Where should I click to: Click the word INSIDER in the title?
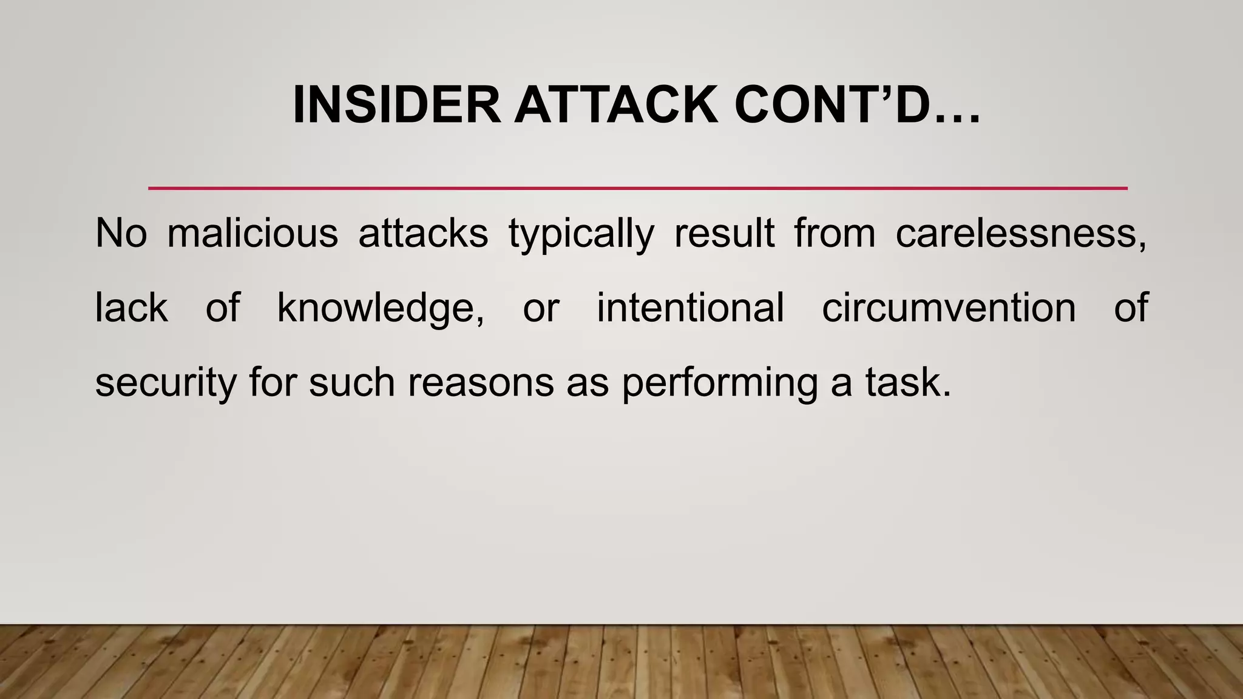(396, 105)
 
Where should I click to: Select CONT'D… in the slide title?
(856, 105)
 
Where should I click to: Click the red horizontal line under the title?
(637, 189)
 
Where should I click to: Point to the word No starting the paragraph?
(121, 233)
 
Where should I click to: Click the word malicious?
(252, 233)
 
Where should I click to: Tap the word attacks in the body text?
(423, 233)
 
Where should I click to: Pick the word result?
(724, 233)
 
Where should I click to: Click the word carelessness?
(1020, 233)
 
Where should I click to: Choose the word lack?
(131, 308)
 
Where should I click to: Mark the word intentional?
(690, 308)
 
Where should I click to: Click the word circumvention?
(949, 308)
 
